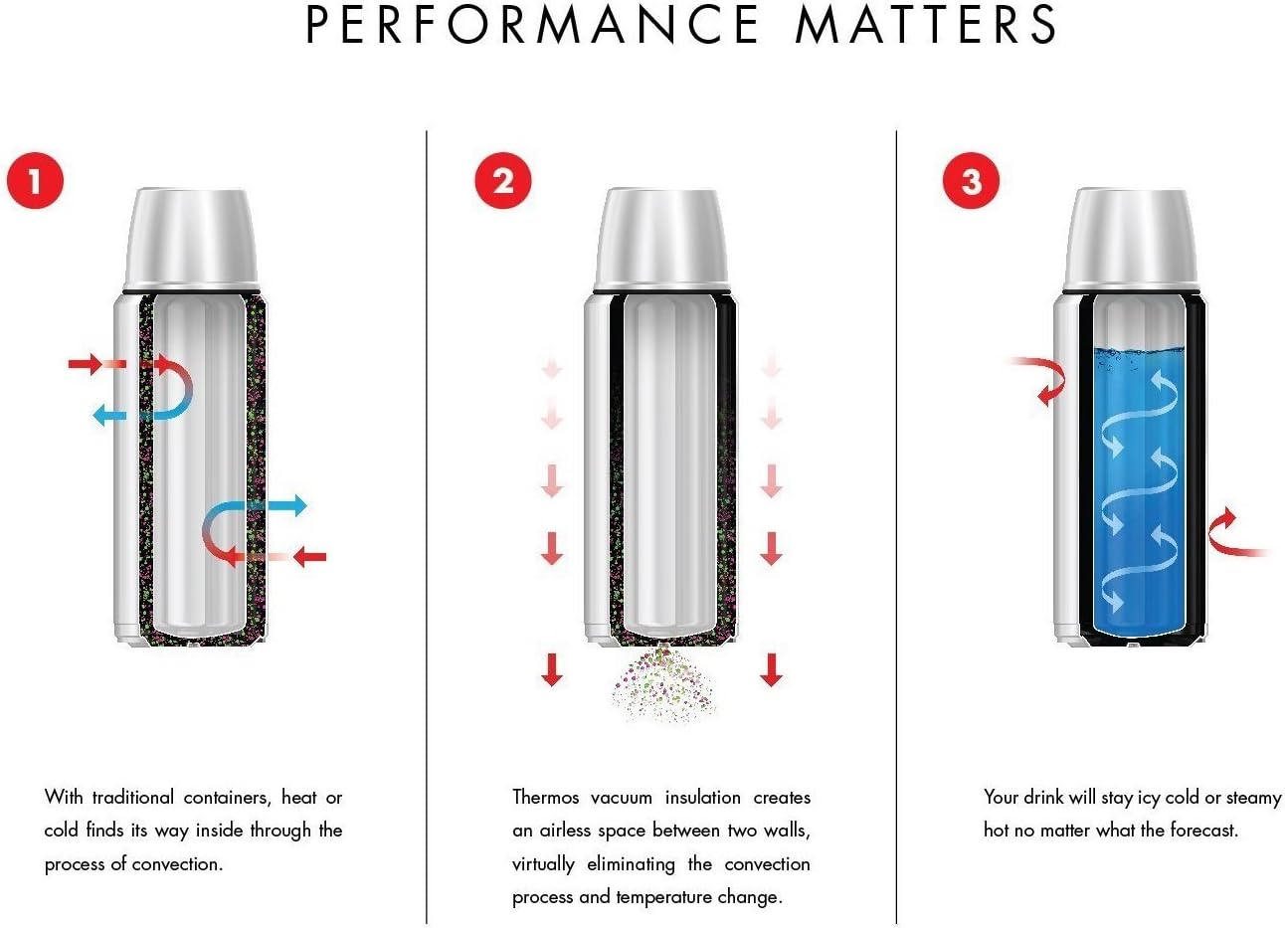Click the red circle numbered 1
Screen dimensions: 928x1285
(35, 181)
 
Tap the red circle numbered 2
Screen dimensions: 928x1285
(503, 181)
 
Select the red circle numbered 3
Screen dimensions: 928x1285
(972, 181)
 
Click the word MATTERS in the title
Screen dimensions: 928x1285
(926, 25)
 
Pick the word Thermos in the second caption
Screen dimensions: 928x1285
(545, 798)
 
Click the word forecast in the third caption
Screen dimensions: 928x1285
(1197, 831)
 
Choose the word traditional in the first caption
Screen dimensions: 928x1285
(132, 798)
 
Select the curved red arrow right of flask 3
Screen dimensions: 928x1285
(1233, 533)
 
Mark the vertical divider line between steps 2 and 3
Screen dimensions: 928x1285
(896, 527)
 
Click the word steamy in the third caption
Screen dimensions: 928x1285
(1253, 798)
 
